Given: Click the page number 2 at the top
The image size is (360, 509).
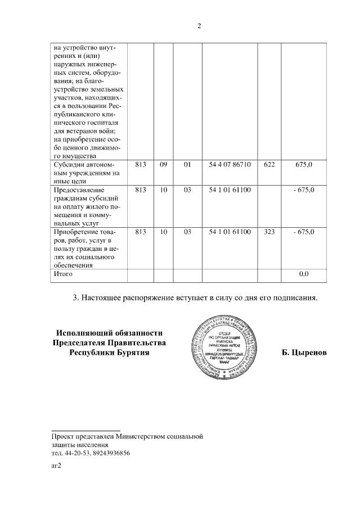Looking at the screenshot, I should pyautogui.click(x=199, y=26).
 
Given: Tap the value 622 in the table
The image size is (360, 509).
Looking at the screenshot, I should pyautogui.click(x=269, y=164).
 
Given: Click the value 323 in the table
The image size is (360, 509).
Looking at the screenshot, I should pyautogui.click(x=269, y=232).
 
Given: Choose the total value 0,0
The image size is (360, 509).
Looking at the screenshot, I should pyautogui.click(x=304, y=274).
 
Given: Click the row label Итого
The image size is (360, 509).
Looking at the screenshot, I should pyautogui.click(x=63, y=274).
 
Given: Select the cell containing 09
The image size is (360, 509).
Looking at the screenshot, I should pyautogui.click(x=163, y=164).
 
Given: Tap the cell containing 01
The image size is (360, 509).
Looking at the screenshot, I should pyautogui.click(x=187, y=164).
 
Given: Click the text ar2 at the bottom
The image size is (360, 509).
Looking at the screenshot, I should pyautogui.click(x=56, y=466).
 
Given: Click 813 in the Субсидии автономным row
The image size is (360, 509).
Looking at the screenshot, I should pyautogui.click(x=141, y=164).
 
